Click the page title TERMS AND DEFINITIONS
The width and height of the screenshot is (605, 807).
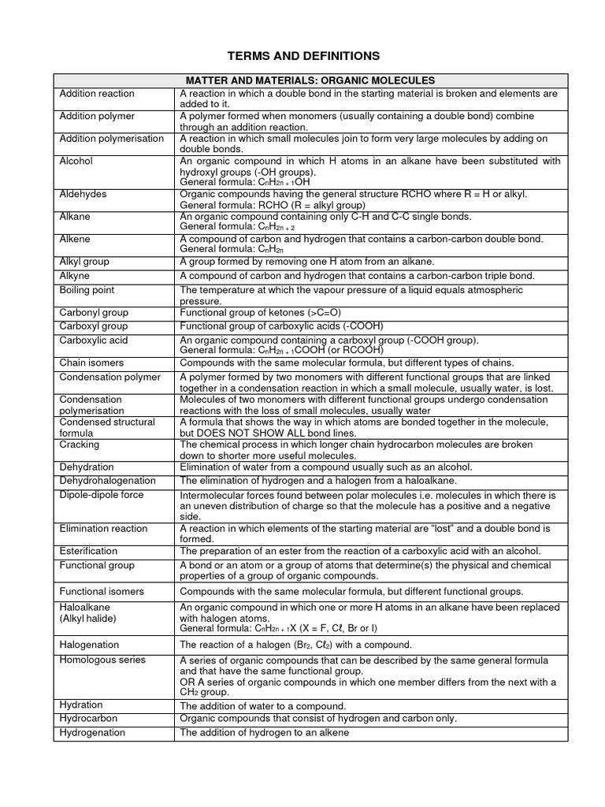(x=303, y=56)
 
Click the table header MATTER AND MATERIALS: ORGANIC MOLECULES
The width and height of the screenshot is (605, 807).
(x=310, y=80)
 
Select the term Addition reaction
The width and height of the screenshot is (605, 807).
(x=97, y=94)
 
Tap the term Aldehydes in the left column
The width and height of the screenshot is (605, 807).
(x=84, y=194)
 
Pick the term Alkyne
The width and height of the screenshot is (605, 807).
(x=75, y=276)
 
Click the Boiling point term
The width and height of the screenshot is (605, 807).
(x=88, y=290)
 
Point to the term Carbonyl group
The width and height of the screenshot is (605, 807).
(x=94, y=313)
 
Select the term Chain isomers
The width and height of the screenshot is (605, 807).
(x=93, y=363)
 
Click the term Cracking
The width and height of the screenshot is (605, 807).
(x=79, y=444)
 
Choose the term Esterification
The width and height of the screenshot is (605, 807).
(x=89, y=551)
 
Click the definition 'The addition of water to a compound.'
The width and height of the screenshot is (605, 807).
(x=263, y=706)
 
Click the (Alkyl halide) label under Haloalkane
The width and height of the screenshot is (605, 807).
(x=89, y=619)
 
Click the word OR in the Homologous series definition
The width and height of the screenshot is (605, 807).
(x=188, y=682)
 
